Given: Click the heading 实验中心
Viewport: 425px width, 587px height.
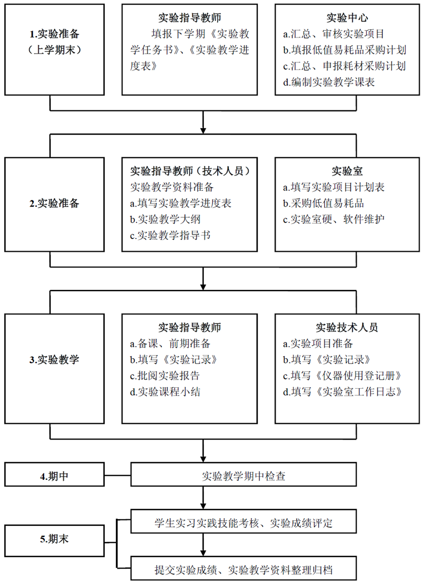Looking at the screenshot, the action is click(x=347, y=18).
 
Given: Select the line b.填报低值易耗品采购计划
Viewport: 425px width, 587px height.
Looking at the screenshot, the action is click(x=345, y=50).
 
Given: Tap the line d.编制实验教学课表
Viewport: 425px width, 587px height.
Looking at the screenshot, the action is click(x=329, y=82).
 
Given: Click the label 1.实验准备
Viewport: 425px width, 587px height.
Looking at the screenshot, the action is click(x=55, y=34).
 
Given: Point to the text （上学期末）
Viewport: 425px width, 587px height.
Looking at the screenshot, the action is click(x=55, y=50).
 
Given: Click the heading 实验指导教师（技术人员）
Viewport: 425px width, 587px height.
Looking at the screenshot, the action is click(x=190, y=171).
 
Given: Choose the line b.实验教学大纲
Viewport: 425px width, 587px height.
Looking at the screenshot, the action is click(x=165, y=219).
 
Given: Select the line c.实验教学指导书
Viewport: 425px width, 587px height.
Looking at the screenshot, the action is click(x=170, y=235).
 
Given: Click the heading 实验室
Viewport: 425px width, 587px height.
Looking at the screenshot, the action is click(x=347, y=171).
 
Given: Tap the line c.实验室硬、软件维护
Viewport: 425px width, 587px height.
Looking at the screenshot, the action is click(x=334, y=219).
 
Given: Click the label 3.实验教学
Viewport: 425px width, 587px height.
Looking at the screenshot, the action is click(x=55, y=360).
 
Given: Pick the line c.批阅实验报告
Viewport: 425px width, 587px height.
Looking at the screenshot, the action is click(x=165, y=376).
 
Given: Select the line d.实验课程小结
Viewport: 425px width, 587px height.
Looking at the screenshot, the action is click(x=165, y=392).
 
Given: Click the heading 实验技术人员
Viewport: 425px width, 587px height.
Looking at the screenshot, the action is click(x=347, y=328).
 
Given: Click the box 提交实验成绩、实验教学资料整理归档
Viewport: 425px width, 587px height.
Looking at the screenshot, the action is click(x=244, y=568).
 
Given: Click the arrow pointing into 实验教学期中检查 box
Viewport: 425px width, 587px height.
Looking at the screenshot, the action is click(x=203, y=451).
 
